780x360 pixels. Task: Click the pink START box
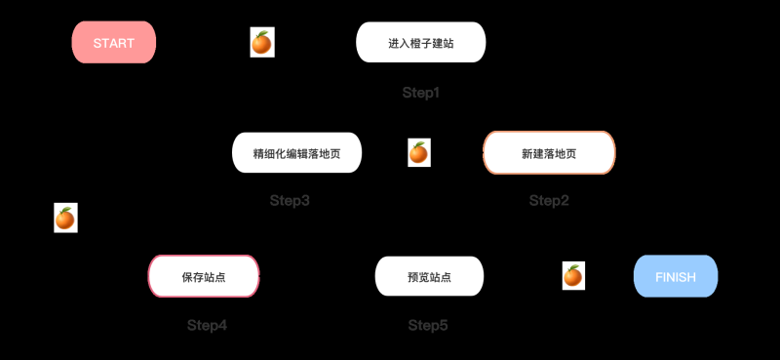[114, 43]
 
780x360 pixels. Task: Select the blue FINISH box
[676, 276]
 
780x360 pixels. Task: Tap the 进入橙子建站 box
[420, 43]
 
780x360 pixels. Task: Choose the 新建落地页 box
[549, 153]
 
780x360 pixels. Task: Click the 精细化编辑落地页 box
[296, 153]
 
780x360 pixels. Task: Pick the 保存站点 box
[203, 276]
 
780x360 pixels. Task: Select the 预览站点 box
[429, 276]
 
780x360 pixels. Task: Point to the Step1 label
[421, 93]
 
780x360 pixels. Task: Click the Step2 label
[549, 201]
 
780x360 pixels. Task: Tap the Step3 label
[290, 201]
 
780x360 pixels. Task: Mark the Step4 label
[207, 325]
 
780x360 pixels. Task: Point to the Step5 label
[428, 325]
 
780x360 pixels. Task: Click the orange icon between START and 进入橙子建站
[262, 43]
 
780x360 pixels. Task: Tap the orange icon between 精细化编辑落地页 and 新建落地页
[418, 152]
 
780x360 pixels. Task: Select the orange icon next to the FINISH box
[573, 276]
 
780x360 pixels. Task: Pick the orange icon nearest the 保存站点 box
[65, 219]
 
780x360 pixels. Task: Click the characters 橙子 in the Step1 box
[420, 43]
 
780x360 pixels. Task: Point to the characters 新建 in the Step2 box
[533, 153]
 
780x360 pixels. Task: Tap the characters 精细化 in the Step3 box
[269, 153]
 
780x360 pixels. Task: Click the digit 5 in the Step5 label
[444, 325]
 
